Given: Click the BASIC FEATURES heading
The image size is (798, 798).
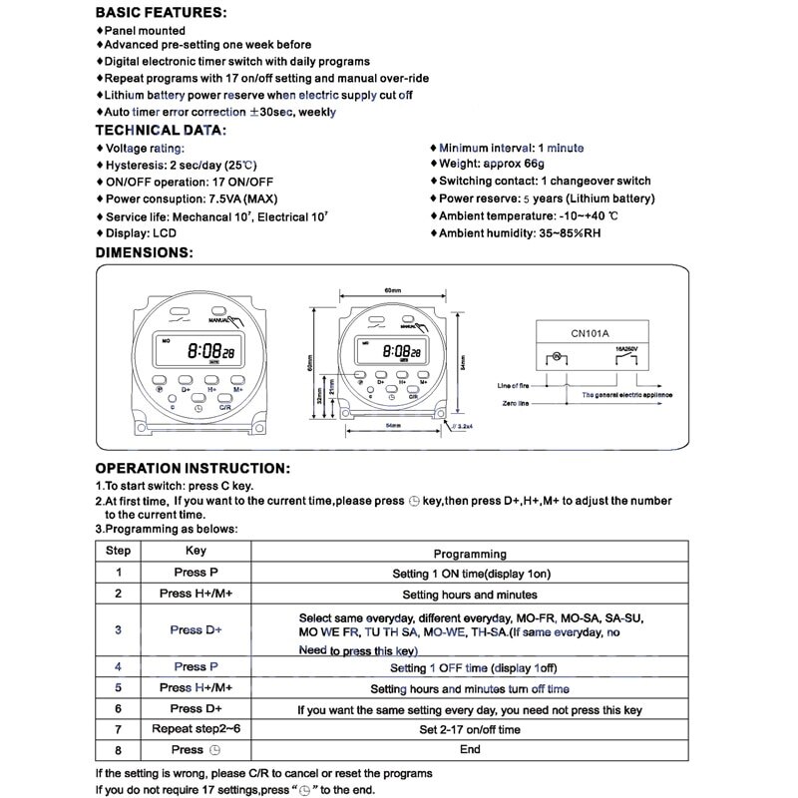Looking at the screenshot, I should [x=160, y=14].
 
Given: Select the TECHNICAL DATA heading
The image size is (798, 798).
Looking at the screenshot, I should [x=160, y=130].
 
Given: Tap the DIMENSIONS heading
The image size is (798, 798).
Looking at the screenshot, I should [x=144, y=252].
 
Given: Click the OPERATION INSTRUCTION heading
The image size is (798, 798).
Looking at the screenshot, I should [x=193, y=468].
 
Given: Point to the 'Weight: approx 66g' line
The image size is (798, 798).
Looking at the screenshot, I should [x=493, y=164].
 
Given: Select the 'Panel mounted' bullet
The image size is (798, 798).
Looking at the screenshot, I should [x=145, y=31].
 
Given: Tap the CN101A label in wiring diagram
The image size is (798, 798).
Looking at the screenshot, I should [x=593, y=334].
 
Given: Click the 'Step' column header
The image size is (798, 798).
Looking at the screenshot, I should [x=119, y=551].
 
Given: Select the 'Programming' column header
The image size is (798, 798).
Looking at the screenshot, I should [x=470, y=554].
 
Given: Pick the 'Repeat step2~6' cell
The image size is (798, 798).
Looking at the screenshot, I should [x=197, y=729].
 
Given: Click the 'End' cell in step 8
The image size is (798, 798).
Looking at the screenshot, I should [x=470, y=749].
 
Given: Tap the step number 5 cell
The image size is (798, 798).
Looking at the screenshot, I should [x=119, y=688].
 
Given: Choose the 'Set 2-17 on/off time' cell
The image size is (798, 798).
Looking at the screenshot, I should [x=470, y=729].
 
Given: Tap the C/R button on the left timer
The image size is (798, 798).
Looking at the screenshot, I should [x=225, y=407].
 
